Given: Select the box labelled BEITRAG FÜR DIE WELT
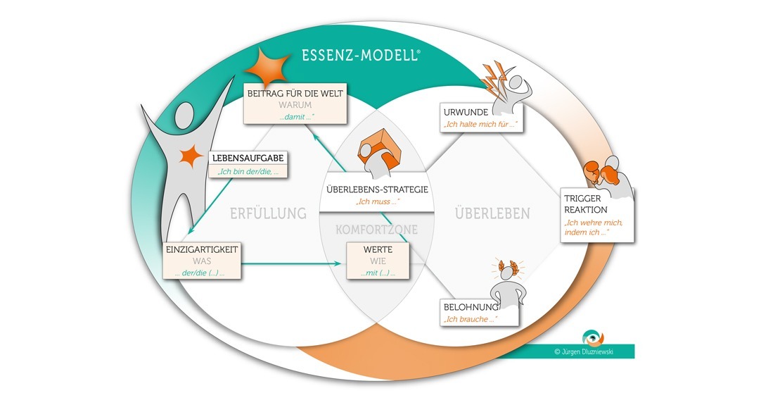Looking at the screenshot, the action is click(x=295, y=104).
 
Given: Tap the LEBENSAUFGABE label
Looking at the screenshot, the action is click(x=248, y=158).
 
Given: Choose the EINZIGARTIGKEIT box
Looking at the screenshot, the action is click(x=202, y=261).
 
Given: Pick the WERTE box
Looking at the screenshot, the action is click(x=378, y=261).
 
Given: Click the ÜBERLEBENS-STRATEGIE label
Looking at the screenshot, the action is click(x=377, y=189).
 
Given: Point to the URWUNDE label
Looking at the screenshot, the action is click(x=466, y=112).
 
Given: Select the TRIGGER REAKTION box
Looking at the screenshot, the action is click(x=597, y=216).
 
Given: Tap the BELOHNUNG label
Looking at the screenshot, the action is click(x=471, y=307).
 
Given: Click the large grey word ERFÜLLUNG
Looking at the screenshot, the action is click(x=268, y=213).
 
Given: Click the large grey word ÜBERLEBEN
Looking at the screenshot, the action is click(x=492, y=213).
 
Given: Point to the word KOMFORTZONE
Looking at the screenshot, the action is click(x=376, y=230).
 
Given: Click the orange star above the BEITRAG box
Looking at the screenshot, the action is click(x=268, y=67).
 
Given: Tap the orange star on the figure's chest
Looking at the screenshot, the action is click(x=191, y=156).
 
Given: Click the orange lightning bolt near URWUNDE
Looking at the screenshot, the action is click(x=494, y=80).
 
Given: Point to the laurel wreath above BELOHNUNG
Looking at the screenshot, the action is click(x=508, y=268).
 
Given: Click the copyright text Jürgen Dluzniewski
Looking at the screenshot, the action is click(x=583, y=351).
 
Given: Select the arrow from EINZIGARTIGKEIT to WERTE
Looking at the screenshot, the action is click(x=291, y=264).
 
